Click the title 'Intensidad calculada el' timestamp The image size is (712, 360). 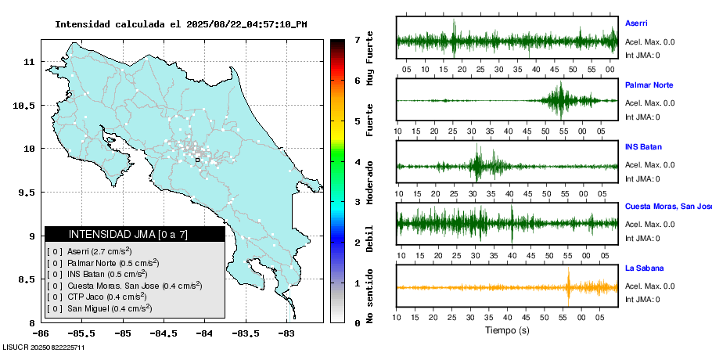click(181, 24)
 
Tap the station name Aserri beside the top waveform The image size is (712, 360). click(636, 23)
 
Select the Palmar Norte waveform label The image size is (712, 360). click(649, 85)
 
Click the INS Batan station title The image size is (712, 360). click(642, 146)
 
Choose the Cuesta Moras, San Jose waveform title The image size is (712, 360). click(667, 207)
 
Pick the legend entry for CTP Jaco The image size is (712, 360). click(97, 297)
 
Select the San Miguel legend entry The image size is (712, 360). click(99, 308)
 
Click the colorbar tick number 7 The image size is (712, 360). click(357, 39)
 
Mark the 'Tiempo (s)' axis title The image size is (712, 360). click(507, 330)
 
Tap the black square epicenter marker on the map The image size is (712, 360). click(197, 160)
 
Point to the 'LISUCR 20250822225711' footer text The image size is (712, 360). click(44, 347)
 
